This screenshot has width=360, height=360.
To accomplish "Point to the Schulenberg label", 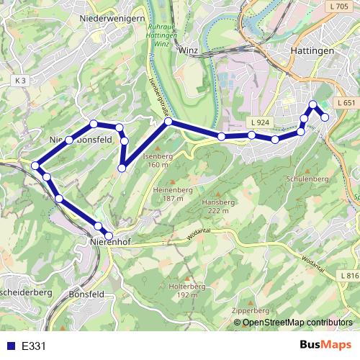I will pyautogui.click(x=307, y=178).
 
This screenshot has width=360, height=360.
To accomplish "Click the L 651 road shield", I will pyautogui.click(x=346, y=104).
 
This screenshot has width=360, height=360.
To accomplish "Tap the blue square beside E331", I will pyautogui.click(x=9, y=346).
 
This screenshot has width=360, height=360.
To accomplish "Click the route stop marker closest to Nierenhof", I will pyautogui.click(x=109, y=235).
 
